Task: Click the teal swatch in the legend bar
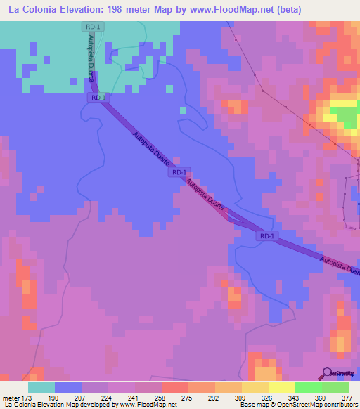coord(41,387)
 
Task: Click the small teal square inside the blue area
coord(184,110)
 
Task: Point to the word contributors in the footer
coord(340,405)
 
